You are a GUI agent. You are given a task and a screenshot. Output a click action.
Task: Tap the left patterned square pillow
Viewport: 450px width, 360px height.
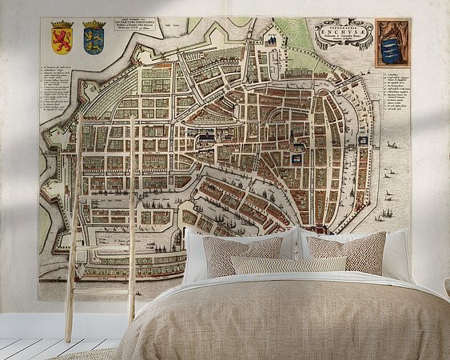point(241,255)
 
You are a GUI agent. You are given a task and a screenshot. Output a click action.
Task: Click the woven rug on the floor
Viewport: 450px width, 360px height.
point(88,354)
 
